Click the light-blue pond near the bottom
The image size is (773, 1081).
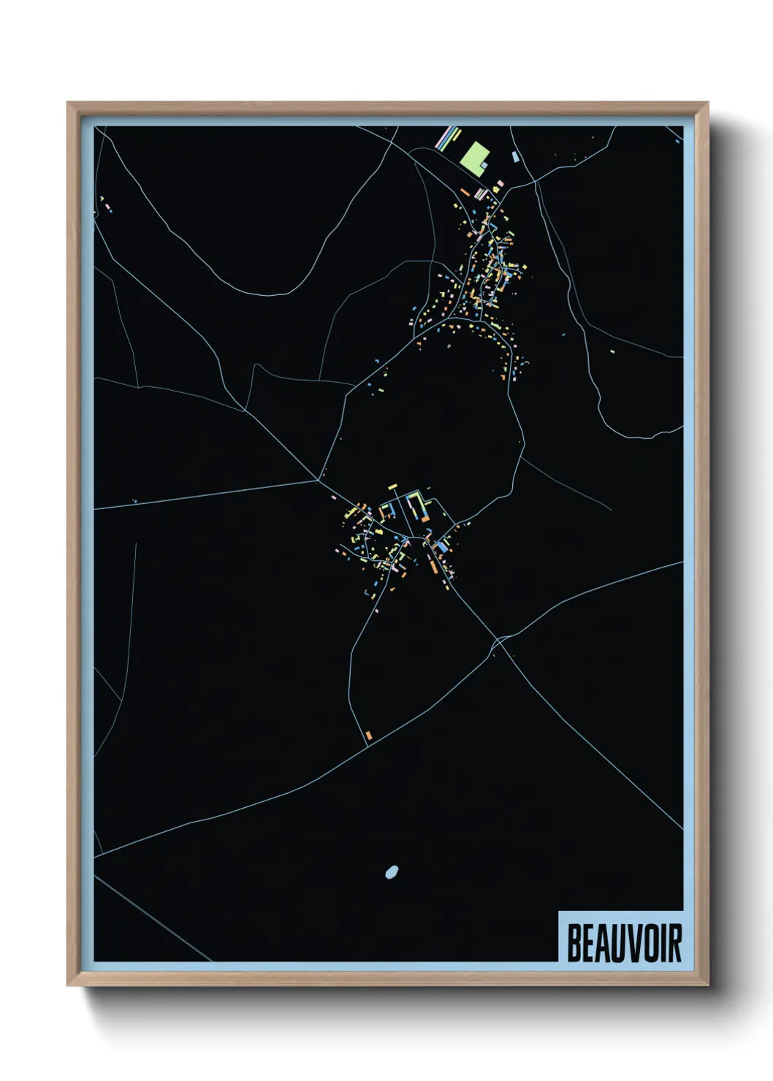(x=392, y=871)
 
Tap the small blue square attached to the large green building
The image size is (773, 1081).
(x=484, y=166)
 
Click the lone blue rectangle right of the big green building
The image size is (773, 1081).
(x=515, y=156)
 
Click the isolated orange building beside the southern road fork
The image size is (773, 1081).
(x=369, y=735)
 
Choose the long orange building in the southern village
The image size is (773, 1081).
(x=433, y=563)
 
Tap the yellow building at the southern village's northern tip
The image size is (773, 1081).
(x=392, y=486)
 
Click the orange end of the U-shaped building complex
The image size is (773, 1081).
(x=424, y=518)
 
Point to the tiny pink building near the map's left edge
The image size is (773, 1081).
(x=108, y=207)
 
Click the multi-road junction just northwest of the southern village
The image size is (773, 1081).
(x=319, y=480)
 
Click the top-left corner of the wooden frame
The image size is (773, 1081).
(x=68, y=103)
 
